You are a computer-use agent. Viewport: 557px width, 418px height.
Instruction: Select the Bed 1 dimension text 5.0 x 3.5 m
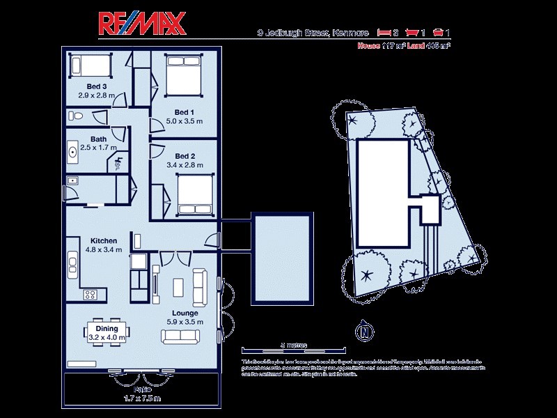click(184, 121)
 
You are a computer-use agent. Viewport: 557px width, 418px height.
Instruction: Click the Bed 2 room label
click(184, 155)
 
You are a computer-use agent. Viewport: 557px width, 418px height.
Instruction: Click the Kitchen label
click(102, 240)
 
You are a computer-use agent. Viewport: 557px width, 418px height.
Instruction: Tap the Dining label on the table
click(107, 328)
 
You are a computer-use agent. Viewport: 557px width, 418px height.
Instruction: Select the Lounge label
click(184, 313)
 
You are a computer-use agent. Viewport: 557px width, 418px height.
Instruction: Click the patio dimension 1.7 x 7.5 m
click(142, 398)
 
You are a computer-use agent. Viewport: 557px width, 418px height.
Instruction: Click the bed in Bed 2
click(194, 194)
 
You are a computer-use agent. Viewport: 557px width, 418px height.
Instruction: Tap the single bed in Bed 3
click(91, 66)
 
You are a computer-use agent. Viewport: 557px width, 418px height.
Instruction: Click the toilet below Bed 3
click(78, 116)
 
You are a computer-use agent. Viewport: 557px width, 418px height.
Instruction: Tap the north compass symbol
click(363, 332)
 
